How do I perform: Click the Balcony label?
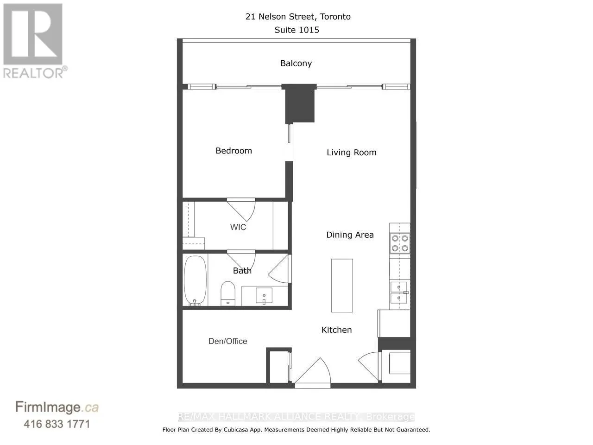[x=296, y=64]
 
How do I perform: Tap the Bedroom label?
[x=233, y=151]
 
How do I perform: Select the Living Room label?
[x=351, y=153]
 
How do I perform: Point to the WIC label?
[x=238, y=227]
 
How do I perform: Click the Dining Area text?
[x=350, y=235]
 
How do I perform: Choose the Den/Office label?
[x=227, y=341]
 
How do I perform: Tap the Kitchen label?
[x=336, y=330]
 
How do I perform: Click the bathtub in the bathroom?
[x=195, y=280]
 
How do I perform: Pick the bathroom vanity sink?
[x=264, y=295]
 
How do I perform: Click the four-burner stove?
[x=399, y=243]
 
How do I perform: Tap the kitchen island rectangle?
[x=342, y=286]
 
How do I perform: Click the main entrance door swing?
[x=314, y=371]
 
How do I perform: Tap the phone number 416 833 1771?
[x=57, y=424]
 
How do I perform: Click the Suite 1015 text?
[x=297, y=30]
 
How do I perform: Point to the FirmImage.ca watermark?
[x=57, y=407]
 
